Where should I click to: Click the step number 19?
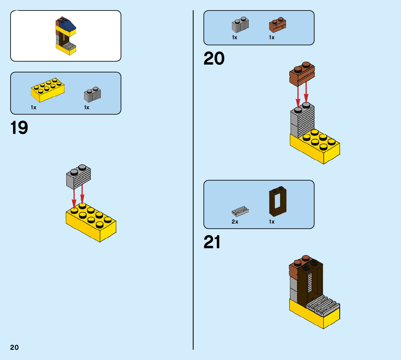[19, 128]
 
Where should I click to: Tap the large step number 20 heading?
[214, 59]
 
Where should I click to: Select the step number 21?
[212, 243]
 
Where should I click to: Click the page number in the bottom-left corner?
[15, 347]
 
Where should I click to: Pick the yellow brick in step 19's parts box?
[47, 90]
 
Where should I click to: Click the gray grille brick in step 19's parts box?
[92, 94]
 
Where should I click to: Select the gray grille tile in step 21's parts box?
[240, 210]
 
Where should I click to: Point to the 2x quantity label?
[235, 222]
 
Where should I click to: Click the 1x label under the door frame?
[272, 222]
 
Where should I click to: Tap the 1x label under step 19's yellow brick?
[33, 107]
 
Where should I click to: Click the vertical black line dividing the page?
[193, 181]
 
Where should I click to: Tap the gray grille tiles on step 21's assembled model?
[322, 305]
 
